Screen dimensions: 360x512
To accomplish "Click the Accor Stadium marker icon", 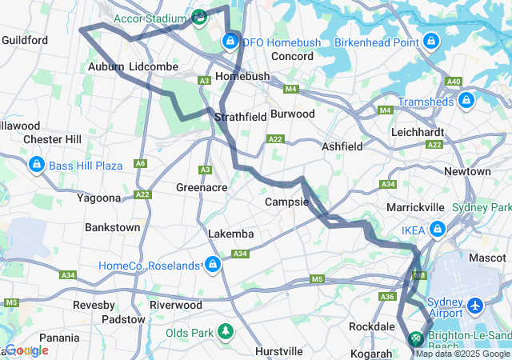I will tap(199, 16).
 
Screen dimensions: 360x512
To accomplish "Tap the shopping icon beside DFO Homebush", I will tap(230, 41).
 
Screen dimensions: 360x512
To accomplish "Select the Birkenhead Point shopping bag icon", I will tap(431, 40).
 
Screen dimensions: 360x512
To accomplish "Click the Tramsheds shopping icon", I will tap(466, 100).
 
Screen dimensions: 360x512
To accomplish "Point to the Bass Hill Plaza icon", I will tap(36, 165).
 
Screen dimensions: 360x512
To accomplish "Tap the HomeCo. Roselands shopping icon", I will tap(212, 264).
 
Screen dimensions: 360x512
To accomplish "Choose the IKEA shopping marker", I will tap(437, 230).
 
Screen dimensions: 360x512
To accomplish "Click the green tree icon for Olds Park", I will tap(226, 331).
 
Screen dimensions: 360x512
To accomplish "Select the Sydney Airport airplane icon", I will tap(476, 306).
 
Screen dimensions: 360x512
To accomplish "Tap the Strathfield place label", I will tap(240, 117).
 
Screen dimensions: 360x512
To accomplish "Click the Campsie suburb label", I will tap(286, 202).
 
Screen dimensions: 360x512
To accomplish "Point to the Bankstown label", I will tap(113, 227).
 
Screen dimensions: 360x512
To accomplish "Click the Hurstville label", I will tap(278, 351).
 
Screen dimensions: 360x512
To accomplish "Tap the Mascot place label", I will tap(487, 258).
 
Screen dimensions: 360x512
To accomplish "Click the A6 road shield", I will tap(141, 163).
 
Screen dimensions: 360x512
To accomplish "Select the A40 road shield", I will tap(454, 82).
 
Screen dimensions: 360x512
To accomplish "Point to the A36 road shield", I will tap(388, 297).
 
